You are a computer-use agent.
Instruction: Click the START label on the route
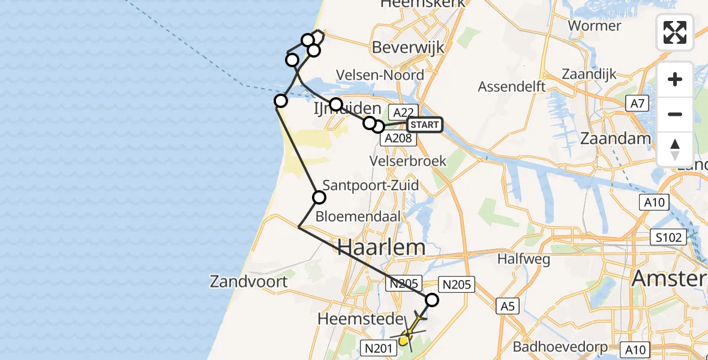[425, 125]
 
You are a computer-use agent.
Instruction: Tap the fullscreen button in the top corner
[675, 32]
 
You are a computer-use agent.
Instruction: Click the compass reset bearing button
[675, 149]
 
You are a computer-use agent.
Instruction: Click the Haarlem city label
[382, 247]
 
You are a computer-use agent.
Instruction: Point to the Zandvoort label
[249, 281]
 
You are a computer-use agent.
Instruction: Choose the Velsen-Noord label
[380, 75]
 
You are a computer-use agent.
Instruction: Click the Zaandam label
[615, 139]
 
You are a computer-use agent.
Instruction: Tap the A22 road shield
[402, 112]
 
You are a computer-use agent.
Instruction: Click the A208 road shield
[398, 139]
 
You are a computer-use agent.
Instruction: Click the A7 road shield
[637, 103]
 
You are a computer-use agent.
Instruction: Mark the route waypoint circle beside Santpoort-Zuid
[319, 197]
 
